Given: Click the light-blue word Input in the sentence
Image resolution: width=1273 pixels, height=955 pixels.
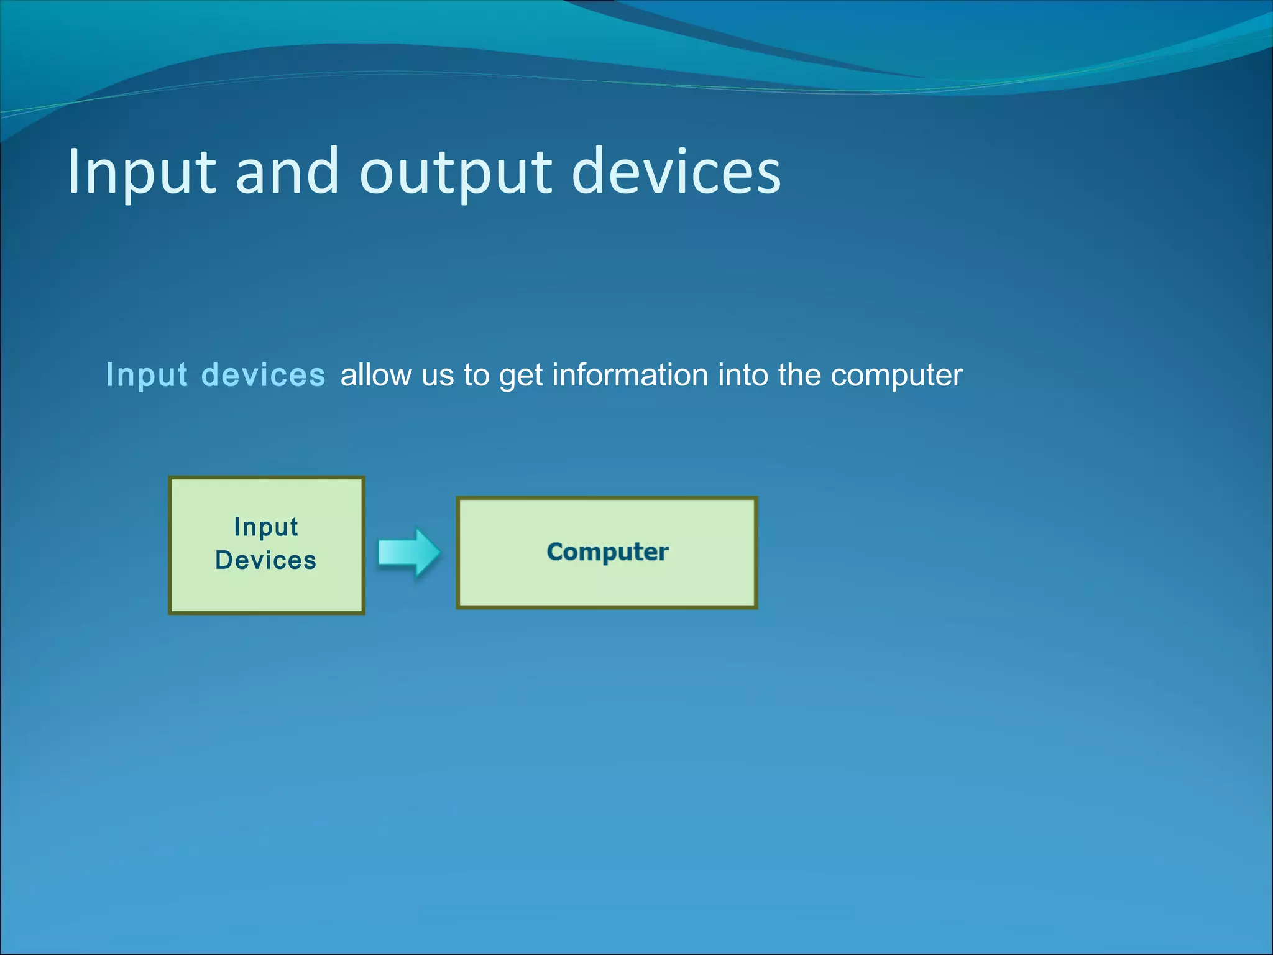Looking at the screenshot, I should [x=147, y=376].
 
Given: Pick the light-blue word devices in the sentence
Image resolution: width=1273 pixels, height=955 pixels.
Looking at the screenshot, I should [x=264, y=375].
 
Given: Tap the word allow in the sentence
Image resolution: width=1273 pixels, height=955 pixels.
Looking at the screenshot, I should [x=375, y=375].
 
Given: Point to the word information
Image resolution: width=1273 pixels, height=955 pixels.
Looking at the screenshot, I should [x=630, y=375].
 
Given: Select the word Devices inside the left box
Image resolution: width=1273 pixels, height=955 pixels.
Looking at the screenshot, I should [x=266, y=560].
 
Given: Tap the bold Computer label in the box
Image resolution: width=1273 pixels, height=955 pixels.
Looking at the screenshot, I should [x=607, y=552].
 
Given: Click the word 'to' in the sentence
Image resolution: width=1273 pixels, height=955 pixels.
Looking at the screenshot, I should [x=476, y=376].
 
